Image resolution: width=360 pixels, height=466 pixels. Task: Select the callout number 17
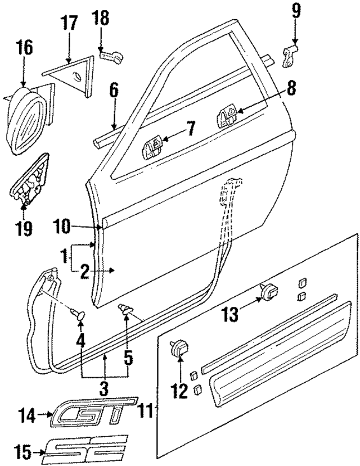click(69, 25)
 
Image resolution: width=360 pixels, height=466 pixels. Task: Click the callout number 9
click(296, 10)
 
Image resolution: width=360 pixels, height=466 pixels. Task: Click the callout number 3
click(105, 388)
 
